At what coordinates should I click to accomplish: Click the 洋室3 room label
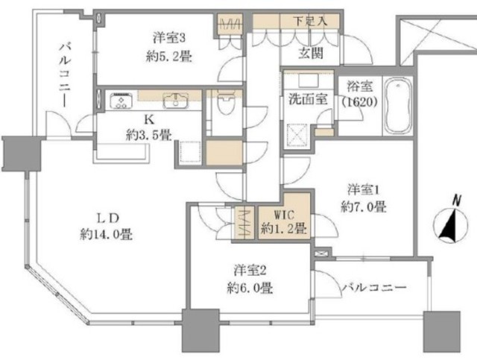pyautogui.click(x=169, y=38)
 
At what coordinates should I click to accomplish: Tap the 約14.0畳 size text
pyautogui.click(x=106, y=235)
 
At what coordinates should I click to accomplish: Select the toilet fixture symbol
pyautogui.click(x=225, y=103)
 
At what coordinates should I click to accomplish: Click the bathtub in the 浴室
pyautogui.click(x=397, y=106)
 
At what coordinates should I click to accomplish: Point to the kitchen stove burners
pyautogui.click(x=121, y=100)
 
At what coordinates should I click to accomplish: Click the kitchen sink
pyautogui.click(x=176, y=100)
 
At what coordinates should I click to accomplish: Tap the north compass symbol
pyautogui.click(x=450, y=225)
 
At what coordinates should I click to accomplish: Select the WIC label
pyautogui.click(x=284, y=215)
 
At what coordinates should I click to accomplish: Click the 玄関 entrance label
pyautogui.click(x=310, y=53)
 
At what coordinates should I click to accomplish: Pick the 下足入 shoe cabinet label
pyautogui.click(x=310, y=22)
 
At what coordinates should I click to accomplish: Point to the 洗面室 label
pyautogui.click(x=308, y=99)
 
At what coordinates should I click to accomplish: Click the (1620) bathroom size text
pyautogui.click(x=359, y=102)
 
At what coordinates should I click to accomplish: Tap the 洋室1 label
pyautogui.click(x=364, y=190)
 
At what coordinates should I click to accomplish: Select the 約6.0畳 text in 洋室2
pyautogui.click(x=250, y=288)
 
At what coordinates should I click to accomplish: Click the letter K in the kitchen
pyautogui.click(x=149, y=119)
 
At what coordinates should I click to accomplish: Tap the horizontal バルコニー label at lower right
pyautogui.click(x=374, y=287)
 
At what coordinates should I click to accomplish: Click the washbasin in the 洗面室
pyautogui.click(x=309, y=81)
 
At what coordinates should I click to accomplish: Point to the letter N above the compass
pyautogui.click(x=455, y=200)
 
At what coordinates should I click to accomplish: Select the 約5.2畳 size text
pyautogui.click(x=169, y=57)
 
